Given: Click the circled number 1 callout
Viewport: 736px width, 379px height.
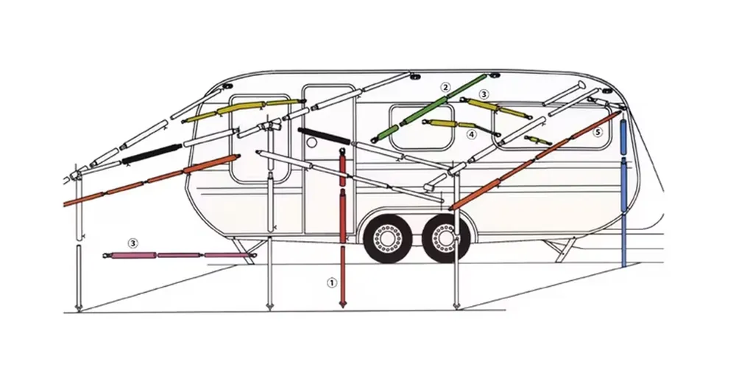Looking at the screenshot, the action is pyautogui.click(x=332, y=282).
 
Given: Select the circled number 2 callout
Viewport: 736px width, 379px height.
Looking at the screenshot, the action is pyautogui.click(x=445, y=87).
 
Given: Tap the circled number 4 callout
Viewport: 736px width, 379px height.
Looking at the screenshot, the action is pyautogui.click(x=471, y=134).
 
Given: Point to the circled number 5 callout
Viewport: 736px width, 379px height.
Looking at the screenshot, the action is pyautogui.click(x=597, y=132).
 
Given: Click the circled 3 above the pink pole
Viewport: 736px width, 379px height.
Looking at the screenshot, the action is pyautogui.click(x=133, y=243).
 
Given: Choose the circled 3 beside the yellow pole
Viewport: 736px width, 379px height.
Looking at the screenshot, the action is pyautogui.click(x=484, y=94).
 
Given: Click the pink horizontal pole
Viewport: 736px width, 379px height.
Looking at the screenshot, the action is pyautogui.click(x=180, y=255).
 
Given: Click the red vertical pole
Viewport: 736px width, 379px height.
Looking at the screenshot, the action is pyautogui.click(x=343, y=228).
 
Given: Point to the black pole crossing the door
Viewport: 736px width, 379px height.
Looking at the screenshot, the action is pyautogui.click(x=325, y=136).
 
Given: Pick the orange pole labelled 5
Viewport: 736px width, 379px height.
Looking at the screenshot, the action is pyautogui.click(x=535, y=160).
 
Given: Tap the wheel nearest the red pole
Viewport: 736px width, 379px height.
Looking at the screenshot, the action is pyautogui.click(x=388, y=238).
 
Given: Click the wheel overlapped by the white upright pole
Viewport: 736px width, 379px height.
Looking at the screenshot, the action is pyautogui.click(x=445, y=238).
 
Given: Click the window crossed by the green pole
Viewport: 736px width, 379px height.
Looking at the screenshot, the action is pyautogui.click(x=422, y=128).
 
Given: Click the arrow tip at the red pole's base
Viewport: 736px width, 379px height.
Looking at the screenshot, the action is pyautogui.click(x=343, y=307).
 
